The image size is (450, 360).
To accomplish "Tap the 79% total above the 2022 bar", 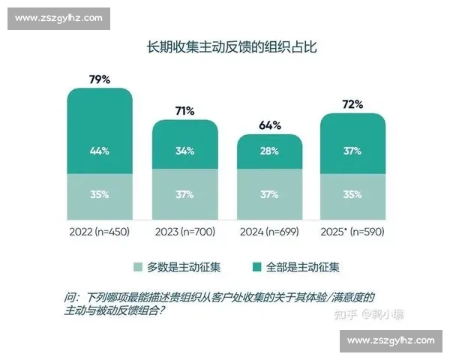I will (x=100, y=78).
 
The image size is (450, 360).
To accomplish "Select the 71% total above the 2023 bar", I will (x=184, y=111).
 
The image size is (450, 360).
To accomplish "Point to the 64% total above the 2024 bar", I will (x=269, y=124).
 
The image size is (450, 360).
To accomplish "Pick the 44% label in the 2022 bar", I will (x=100, y=151).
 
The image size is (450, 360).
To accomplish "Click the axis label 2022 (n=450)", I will (x=100, y=232).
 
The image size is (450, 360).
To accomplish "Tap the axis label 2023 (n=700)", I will (x=184, y=232).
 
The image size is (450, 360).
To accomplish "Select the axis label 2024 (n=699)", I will (x=269, y=232).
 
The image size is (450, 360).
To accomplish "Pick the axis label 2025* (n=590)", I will (x=353, y=232).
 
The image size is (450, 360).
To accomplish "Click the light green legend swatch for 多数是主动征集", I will (x=138, y=267).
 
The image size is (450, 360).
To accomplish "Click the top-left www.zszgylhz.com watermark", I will (x=60, y=17).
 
